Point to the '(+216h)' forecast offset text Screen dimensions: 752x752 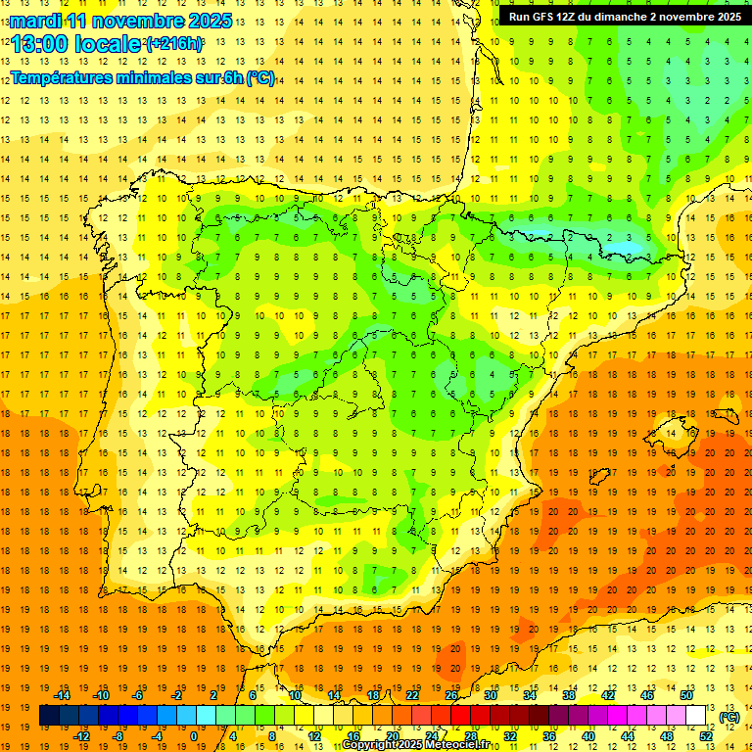click(x=174, y=44)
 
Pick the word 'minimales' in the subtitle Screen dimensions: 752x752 click(x=159, y=78)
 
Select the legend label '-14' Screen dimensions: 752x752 click(x=62, y=695)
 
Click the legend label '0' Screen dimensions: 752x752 click(x=194, y=736)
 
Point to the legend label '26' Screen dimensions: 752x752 click(x=451, y=695)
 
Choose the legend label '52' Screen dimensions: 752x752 click(x=705, y=736)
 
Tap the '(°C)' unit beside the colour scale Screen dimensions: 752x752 click(x=728, y=717)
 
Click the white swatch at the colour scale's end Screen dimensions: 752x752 click(x=696, y=716)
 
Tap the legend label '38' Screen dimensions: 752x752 click(x=568, y=695)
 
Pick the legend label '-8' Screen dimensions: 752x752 click(x=118, y=736)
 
